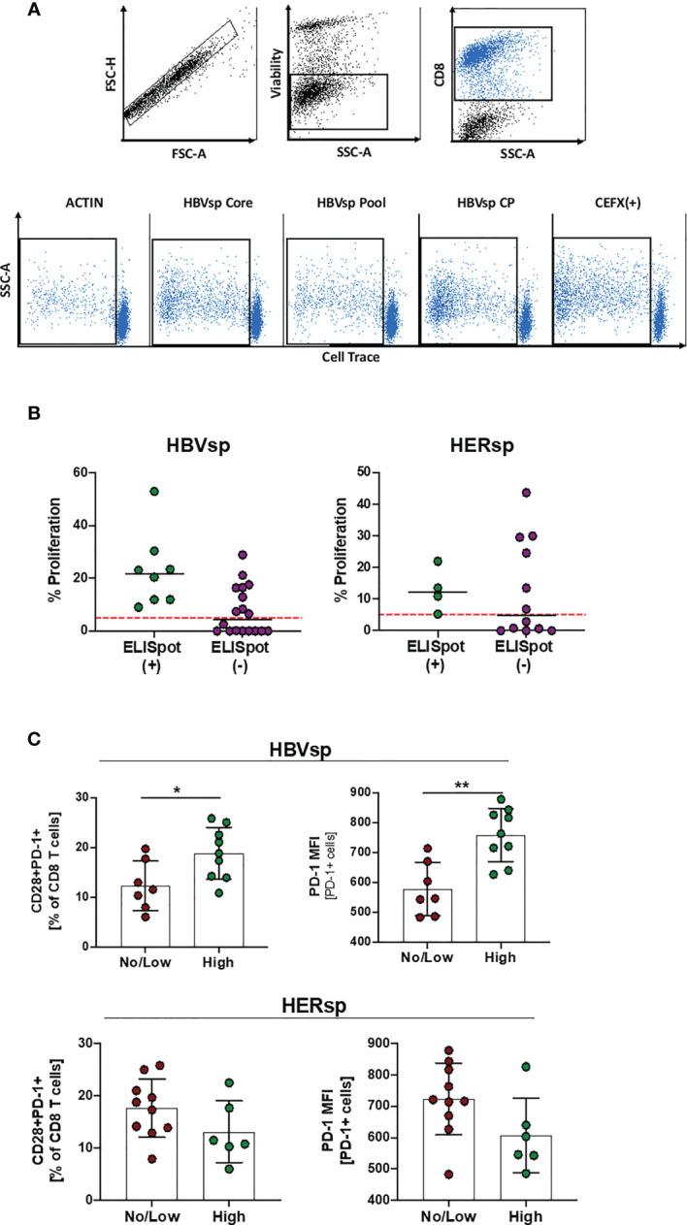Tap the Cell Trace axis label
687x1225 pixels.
[x=350, y=357]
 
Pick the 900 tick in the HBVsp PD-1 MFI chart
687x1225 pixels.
[x=378, y=792]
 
